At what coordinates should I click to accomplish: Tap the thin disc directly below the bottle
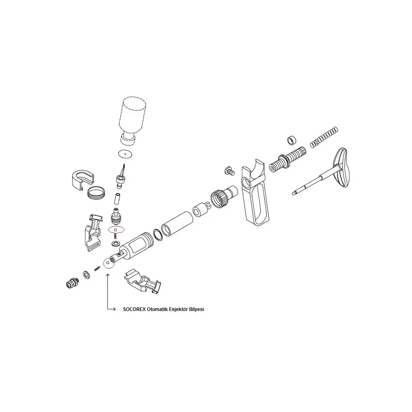pyautogui.click(x=125, y=154)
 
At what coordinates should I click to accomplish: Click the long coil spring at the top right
pyautogui.click(x=324, y=137)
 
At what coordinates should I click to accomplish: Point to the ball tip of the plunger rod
pyautogui.click(x=294, y=194)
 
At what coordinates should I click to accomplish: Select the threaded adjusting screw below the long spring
pyautogui.click(x=287, y=160)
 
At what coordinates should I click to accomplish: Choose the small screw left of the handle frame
pyautogui.click(x=230, y=171)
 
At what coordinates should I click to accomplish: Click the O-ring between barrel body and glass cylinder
pyautogui.click(x=158, y=235)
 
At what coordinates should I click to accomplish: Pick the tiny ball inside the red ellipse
pyautogui.click(x=116, y=230)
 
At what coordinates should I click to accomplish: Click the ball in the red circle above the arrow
pyautogui.click(x=108, y=262)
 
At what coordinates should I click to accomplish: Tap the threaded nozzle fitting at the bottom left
pyautogui.click(x=72, y=283)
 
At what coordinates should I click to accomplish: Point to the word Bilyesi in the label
pyautogui.click(x=197, y=309)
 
